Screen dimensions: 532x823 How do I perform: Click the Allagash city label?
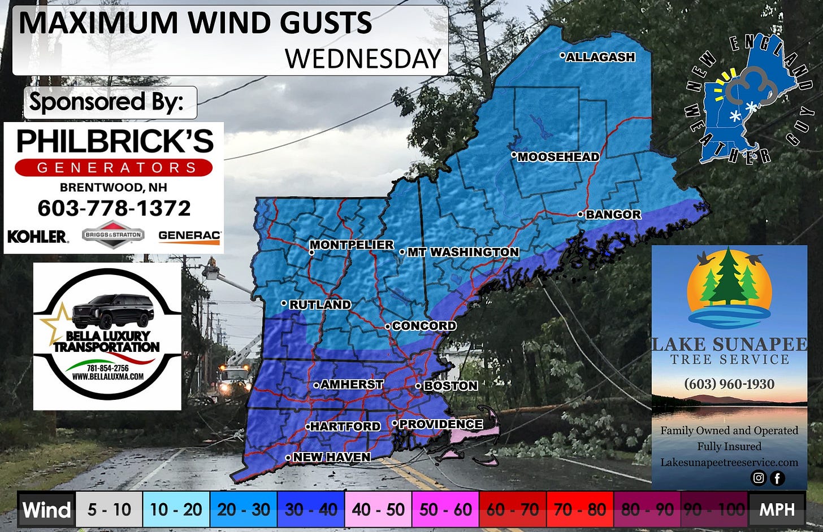[x=600, y=57]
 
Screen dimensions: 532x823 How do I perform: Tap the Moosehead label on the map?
[x=558, y=157]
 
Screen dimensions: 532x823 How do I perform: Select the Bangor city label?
[x=613, y=215]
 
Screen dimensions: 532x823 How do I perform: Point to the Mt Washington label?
[x=463, y=252]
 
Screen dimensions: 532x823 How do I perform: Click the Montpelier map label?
[x=352, y=245]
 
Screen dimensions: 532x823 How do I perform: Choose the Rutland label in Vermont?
[x=320, y=304]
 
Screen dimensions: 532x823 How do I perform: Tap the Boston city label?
[x=451, y=386]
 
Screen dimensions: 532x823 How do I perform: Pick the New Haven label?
[x=332, y=457]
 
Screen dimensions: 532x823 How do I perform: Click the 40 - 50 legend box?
[x=378, y=509]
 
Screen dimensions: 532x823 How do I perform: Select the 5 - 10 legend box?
[x=109, y=509]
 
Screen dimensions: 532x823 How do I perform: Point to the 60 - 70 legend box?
[x=513, y=509]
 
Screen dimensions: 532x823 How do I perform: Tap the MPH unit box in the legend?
[x=777, y=509]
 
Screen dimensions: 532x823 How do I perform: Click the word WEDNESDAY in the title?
[x=363, y=59]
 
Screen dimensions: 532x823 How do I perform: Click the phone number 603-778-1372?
[x=114, y=208]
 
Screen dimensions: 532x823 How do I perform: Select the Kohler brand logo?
[x=38, y=236]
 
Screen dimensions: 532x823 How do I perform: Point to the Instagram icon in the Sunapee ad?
[x=758, y=478]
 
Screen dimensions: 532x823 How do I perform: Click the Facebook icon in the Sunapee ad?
[x=777, y=478]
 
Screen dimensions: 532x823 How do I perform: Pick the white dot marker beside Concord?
[x=388, y=326]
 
